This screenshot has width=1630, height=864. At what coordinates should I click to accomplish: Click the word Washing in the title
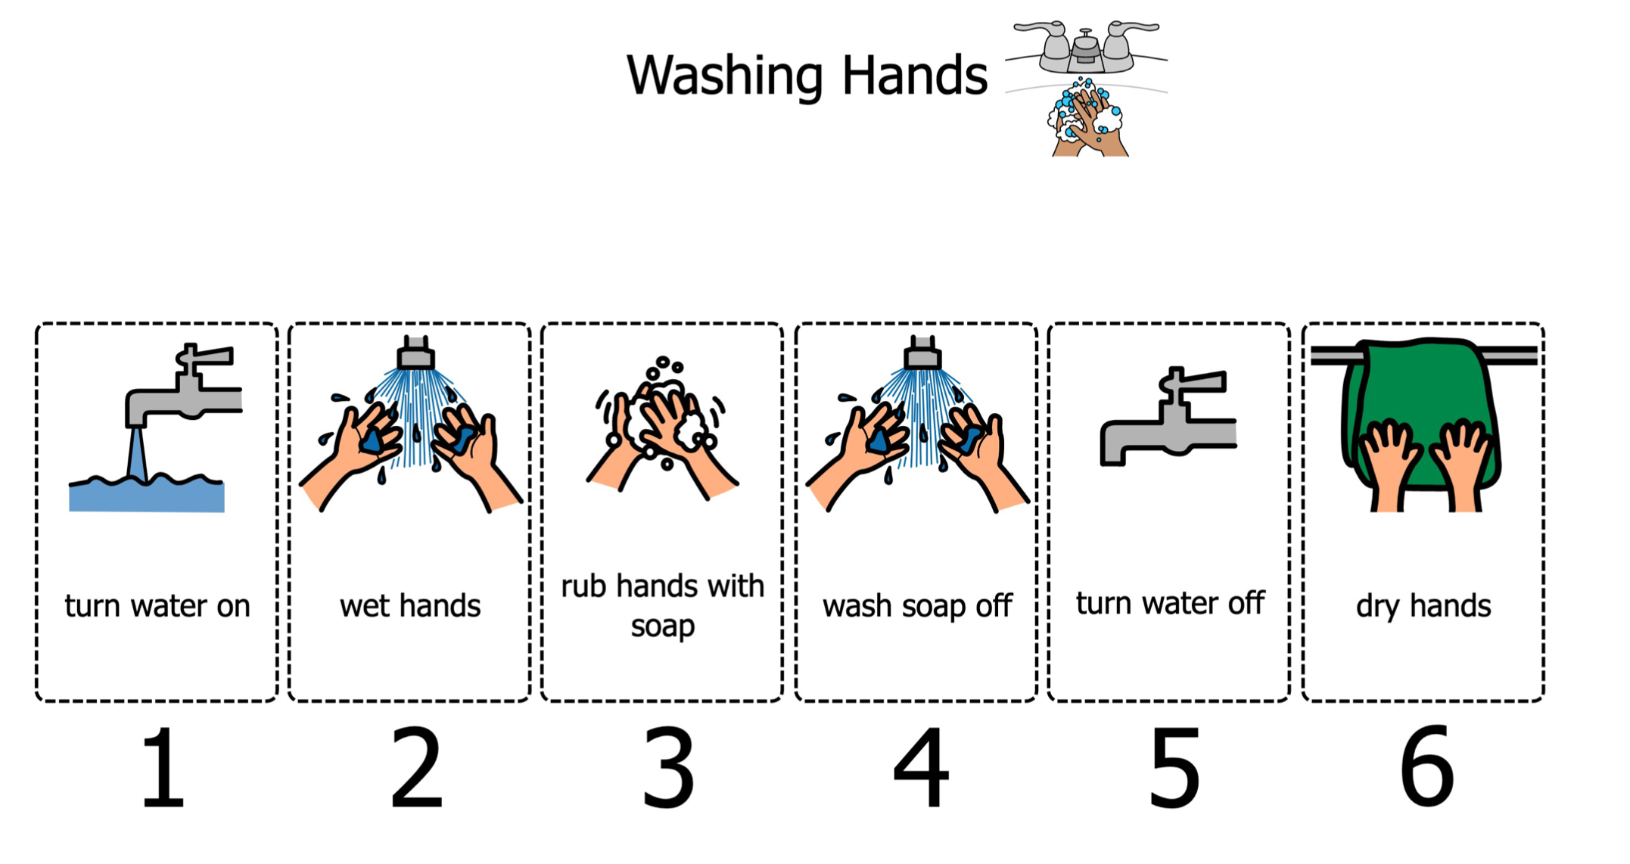pyautogui.click(x=724, y=76)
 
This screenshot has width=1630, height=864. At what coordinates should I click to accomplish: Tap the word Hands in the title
pyautogui.click(x=914, y=75)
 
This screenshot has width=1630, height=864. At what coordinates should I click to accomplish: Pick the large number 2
pyautogui.click(x=415, y=767)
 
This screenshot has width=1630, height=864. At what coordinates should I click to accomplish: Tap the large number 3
pyautogui.click(x=668, y=767)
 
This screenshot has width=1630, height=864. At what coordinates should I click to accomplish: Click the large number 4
pyautogui.click(x=921, y=767)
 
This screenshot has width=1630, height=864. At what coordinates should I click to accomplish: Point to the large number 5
pyautogui.click(x=1174, y=767)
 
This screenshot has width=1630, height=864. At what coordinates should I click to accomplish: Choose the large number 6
pyautogui.click(x=1426, y=767)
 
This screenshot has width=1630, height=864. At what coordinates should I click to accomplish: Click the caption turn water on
pyautogui.click(x=157, y=606)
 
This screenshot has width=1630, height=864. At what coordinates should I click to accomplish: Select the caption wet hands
pyautogui.click(x=410, y=606)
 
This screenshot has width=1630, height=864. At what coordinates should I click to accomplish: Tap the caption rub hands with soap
pyautogui.click(x=662, y=606)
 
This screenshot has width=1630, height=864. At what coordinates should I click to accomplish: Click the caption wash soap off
pyautogui.click(x=917, y=606)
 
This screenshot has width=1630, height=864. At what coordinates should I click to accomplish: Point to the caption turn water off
pyautogui.click(x=1170, y=604)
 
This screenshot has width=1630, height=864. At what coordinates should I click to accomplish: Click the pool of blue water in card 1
pyautogui.click(x=147, y=493)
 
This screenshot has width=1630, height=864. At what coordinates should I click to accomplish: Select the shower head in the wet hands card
pyautogui.click(x=415, y=353)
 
